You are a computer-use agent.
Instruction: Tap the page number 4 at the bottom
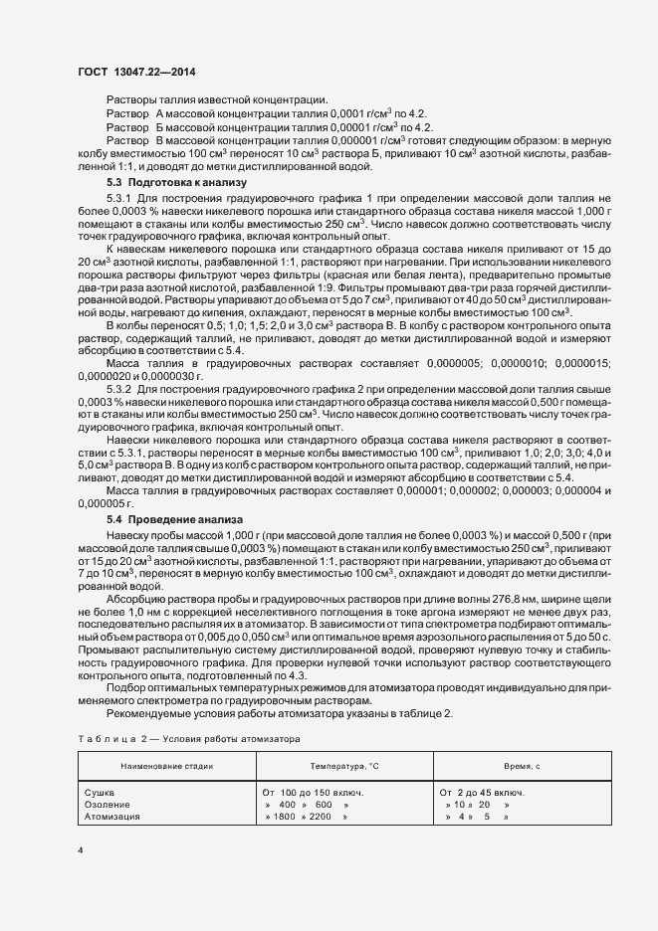click(x=81, y=850)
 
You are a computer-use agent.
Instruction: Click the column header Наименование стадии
click(x=165, y=767)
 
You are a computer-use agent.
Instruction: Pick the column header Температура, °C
click(x=342, y=767)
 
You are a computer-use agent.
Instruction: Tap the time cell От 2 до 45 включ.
click(x=483, y=792)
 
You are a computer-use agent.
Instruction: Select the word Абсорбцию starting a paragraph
click(x=135, y=599)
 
